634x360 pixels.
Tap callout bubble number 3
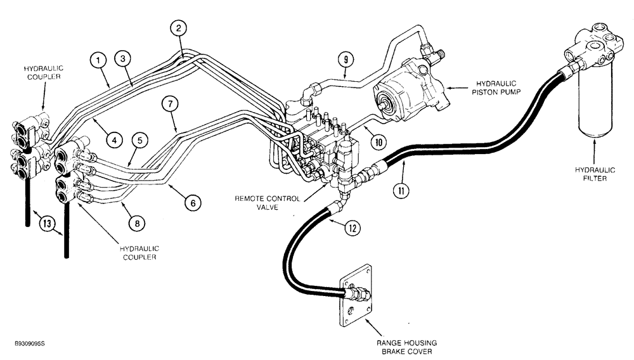coord(122,58)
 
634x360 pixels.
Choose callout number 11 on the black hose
coord(399,189)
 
